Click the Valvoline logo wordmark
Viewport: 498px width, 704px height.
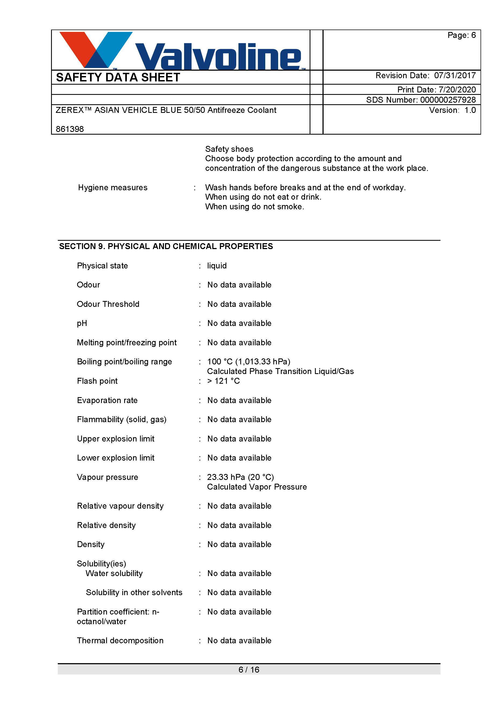218,57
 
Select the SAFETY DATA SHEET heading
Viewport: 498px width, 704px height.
118,77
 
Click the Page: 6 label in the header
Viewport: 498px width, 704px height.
461,35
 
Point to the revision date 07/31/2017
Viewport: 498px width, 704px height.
455,76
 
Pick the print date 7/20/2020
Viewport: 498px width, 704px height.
457,89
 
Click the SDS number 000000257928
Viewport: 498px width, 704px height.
448,100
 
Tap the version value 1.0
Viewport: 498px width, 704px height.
470,110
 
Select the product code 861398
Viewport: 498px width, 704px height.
70,129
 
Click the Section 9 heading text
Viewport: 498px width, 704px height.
166,246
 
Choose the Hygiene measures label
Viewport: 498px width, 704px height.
113,187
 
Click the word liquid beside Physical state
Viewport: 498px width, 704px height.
217,265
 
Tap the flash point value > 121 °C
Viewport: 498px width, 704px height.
224,381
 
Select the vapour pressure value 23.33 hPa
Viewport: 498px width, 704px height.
226,477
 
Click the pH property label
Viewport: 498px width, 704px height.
82,323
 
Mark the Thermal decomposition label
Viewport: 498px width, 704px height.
120,641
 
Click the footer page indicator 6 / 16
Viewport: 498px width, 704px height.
249,670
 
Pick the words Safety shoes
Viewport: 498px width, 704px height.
229,149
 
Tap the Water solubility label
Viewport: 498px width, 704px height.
114,573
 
